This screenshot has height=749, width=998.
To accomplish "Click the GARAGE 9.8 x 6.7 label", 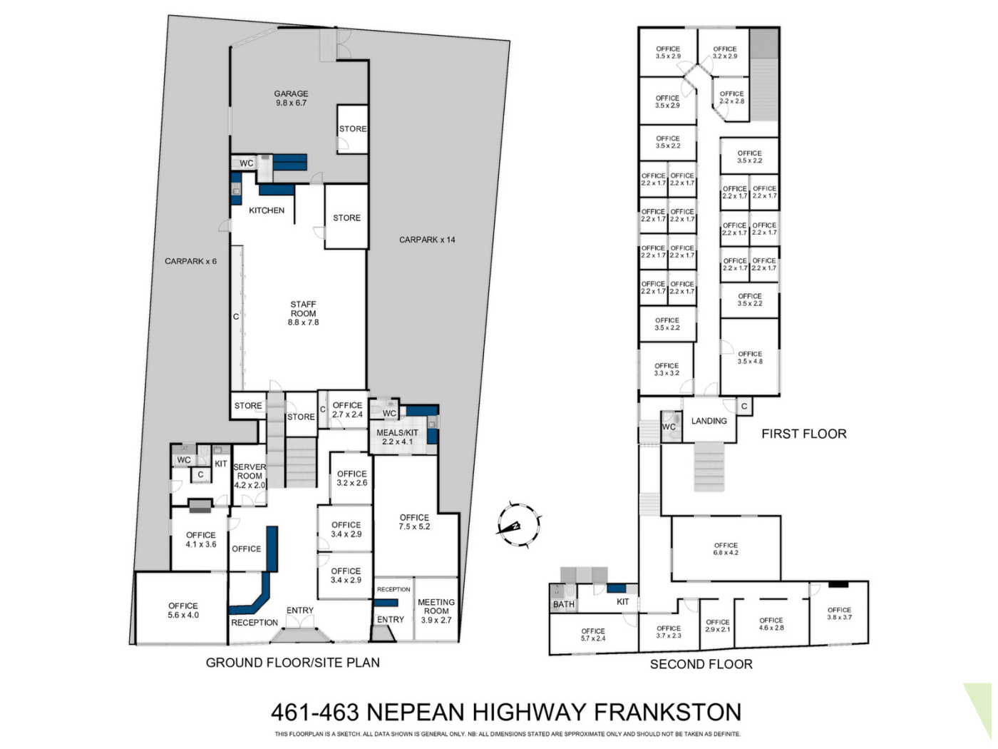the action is [291, 98].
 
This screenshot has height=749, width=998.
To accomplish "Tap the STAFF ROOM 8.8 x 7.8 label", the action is [303, 313].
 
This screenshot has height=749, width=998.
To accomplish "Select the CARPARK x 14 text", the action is [427, 240].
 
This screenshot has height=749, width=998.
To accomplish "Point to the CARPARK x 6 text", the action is [190, 262].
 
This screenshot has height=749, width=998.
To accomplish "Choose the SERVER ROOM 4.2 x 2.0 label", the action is [249, 476].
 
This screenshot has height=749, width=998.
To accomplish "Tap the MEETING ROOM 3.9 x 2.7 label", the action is [436, 611].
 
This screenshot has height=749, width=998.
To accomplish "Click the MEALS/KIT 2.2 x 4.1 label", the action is [397, 437].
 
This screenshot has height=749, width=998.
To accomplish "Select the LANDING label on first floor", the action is [709, 421].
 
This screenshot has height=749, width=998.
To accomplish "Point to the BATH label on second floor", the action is [564, 604].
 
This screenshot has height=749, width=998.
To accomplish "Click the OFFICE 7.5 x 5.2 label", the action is [414, 522].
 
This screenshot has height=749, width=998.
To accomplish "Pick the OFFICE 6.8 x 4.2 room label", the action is [726, 549].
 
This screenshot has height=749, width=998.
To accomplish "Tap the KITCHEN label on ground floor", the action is [267, 210].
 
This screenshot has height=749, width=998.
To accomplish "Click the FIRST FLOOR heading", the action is [804, 434].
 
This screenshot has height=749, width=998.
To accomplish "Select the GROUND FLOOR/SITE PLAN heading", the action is [293, 663].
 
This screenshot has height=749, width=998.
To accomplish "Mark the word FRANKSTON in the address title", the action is [668, 712].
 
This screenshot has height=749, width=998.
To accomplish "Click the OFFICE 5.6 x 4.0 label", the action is [183, 611].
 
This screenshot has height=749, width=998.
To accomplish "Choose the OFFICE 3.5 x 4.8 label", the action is [750, 357].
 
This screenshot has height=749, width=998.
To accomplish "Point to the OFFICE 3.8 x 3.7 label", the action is [839, 613].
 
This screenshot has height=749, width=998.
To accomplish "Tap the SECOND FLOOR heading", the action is [701, 664].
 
